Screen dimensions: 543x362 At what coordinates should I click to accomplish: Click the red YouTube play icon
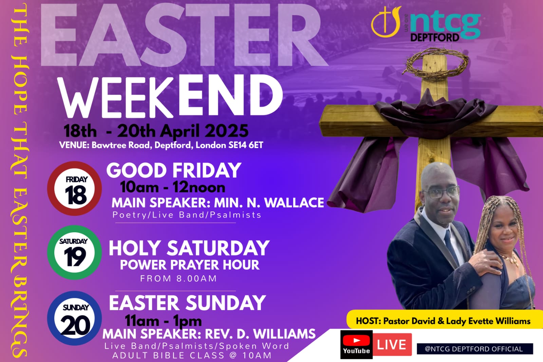click(357, 340)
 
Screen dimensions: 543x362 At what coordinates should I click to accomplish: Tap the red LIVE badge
click(392, 345)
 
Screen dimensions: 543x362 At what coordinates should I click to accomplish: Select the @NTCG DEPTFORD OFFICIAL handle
click(475, 349)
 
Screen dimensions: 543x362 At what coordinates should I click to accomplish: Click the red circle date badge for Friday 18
click(74, 188)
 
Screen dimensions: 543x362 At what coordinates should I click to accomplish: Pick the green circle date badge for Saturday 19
click(74, 252)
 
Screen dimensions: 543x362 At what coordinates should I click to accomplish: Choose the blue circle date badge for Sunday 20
click(74, 318)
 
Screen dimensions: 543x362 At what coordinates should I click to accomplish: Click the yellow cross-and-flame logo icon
click(386, 22)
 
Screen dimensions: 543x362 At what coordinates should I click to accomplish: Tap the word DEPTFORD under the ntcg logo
click(435, 37)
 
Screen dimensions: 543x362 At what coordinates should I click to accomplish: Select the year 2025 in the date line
click(227, 131)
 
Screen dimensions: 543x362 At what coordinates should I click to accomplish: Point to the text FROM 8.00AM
click(179, 278)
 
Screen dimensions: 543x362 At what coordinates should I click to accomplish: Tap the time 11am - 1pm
click(163, 321)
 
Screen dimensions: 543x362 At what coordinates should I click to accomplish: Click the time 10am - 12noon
click(173, 187)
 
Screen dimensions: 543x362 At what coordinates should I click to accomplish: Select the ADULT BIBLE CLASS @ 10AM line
click(192, 356)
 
